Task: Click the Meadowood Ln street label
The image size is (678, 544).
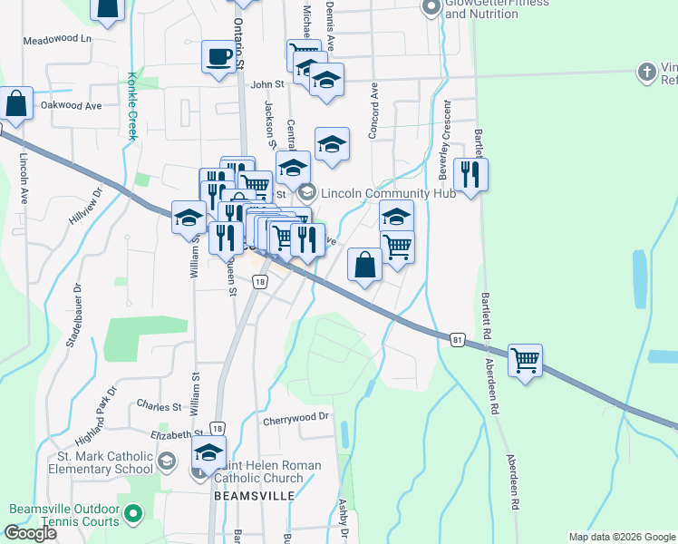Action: pyautogui.click(x=58, y=40)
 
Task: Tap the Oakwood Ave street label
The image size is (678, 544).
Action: pyautogui.click(x=71, y=105)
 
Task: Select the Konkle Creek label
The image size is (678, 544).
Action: pyautogui.click(x=131, y=105)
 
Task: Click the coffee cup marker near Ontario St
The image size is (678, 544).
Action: pyautogui.click(x=218, y=56)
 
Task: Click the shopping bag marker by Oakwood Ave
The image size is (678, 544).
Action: pyautogui.click(x=16, y=103)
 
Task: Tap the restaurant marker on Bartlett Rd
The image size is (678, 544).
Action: pyautogui.click(x=470, y=174)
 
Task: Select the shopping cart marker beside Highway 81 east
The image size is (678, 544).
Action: pyautogui.click(x=525, y=361)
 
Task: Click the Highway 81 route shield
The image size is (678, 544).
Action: pyautogui.click(x=459, y=337)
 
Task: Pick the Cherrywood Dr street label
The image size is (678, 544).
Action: pyautogui.click(x=295, y=418)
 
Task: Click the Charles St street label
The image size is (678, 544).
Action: pyautogui.click(x=160, y=405)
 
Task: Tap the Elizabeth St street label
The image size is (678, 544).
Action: pyautogui.click(x=176, y=435)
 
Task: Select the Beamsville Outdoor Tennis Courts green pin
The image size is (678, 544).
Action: pyautogui.click(x=133, y=514)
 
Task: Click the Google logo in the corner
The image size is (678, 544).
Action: pyautogui.click(x=30, y=533)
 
